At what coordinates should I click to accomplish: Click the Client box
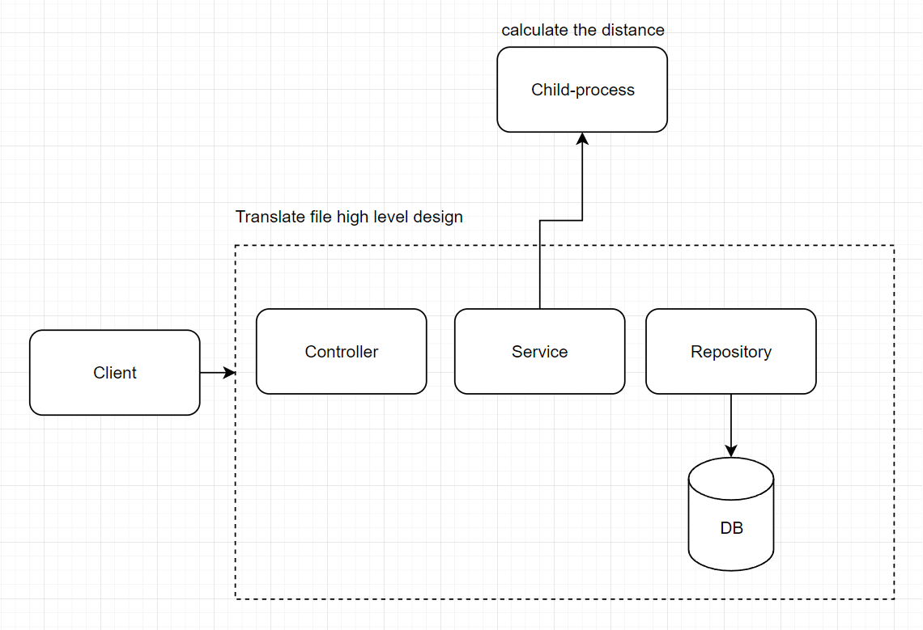pyautogui.click(x=114, y=373)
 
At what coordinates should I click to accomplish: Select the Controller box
pyautogui.click(x=341, y=352)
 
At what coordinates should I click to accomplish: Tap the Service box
pyautogui.click(x=539, y=352)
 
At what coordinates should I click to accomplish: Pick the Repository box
pyautogui.click(x=730, y=352)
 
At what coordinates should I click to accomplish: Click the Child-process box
pyautogui.click(x=582, y=90)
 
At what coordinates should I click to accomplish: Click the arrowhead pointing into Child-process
pyautogui.click(x=582, y=138)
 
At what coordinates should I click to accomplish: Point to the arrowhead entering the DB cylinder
pyautogui.click(x=730, y=451)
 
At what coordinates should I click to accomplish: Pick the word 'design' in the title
pyautogui.click(x=438, y=217)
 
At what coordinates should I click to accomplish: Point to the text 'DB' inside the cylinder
pyautogui.click(x=731, y=529)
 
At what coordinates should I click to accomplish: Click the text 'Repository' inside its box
pyautogui.click(x=730, y=352)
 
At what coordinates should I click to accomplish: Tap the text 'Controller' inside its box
pyautogui.click(x=341, y=352)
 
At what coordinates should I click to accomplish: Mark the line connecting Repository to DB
pyautogui.click(x=730, y=421)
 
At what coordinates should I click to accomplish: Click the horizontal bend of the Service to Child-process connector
pyautogui.click(x=561, y=220)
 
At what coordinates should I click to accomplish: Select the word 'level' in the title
pyautogui.click(x=392, y=217)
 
